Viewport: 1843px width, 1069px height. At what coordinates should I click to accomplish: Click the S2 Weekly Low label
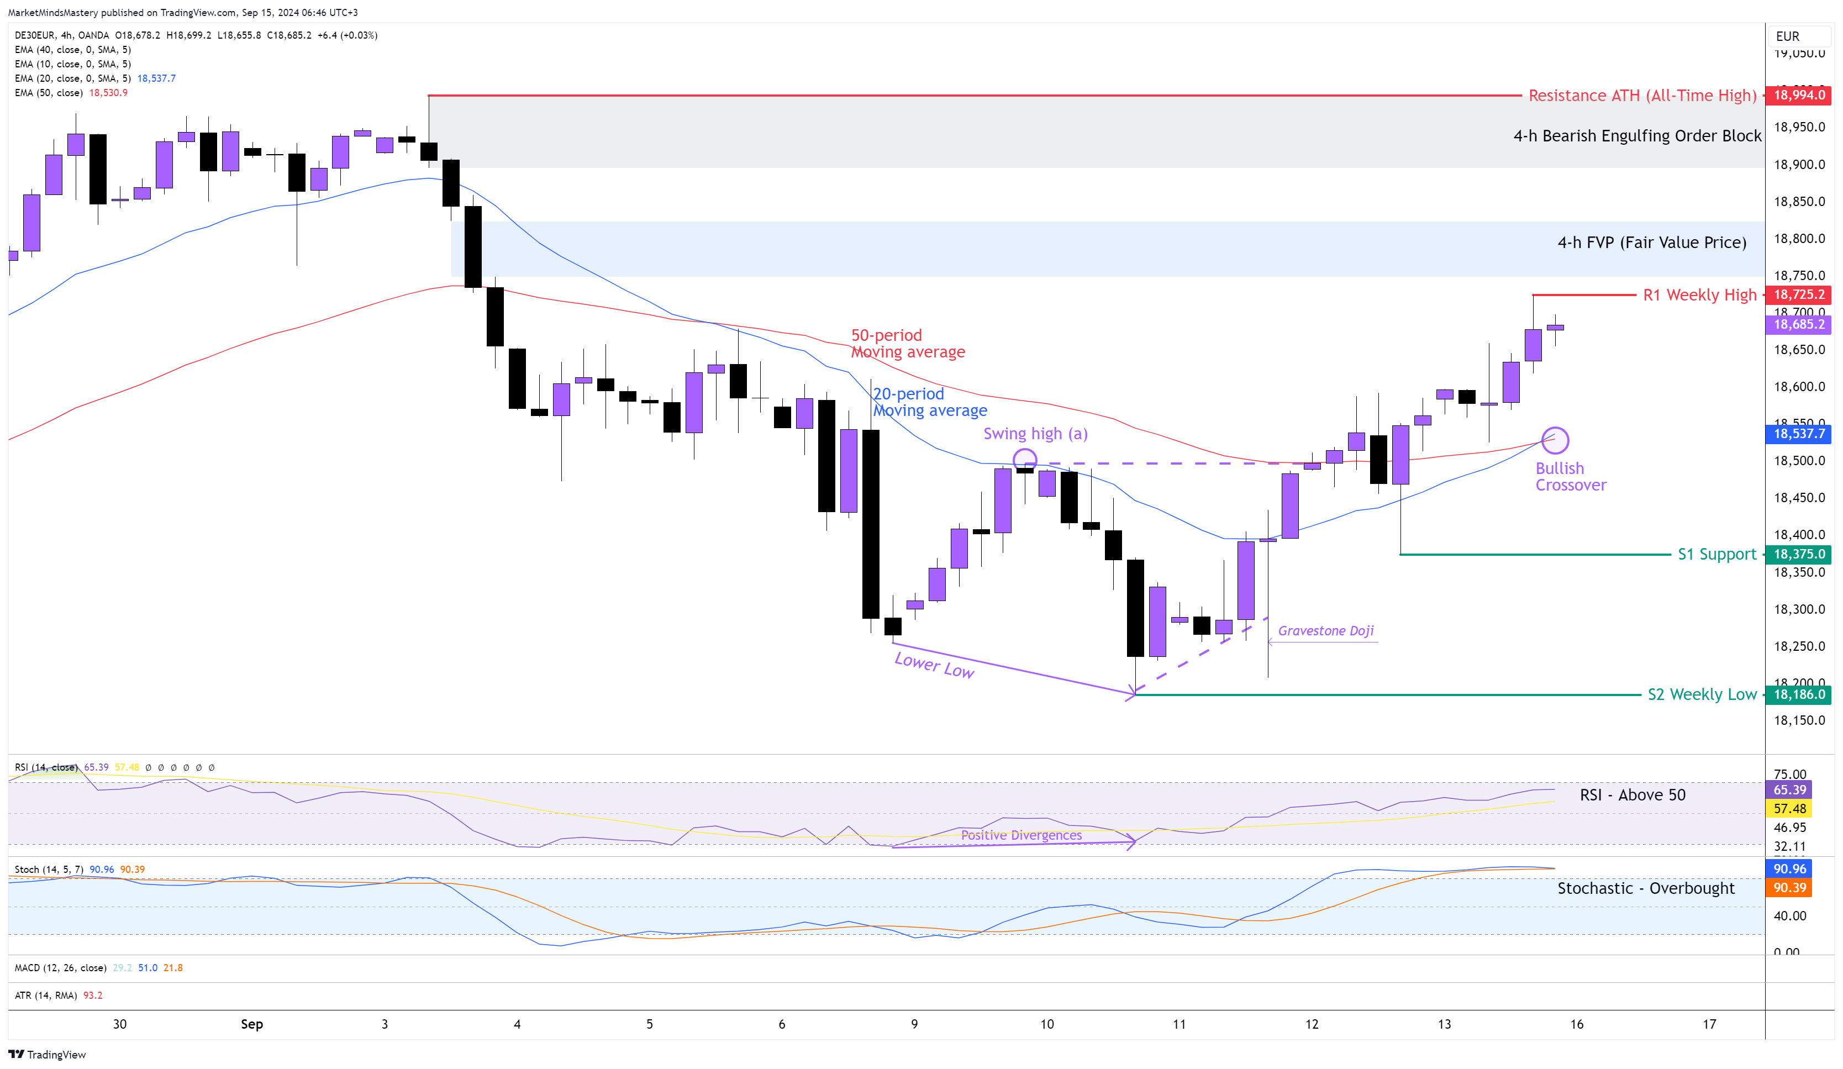pos(1701,694)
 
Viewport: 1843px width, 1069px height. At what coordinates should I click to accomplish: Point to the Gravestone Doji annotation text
pos(1325,631)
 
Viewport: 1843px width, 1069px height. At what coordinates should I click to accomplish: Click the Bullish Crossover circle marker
pos(1555,440)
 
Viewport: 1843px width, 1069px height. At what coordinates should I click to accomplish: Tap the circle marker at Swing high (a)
pos(1025,460)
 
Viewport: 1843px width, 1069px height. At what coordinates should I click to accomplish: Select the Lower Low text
pos(934,665)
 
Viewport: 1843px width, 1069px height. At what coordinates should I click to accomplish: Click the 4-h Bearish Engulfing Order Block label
pos(1637,136)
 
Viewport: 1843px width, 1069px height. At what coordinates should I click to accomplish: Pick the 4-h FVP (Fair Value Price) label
pos(1651,243)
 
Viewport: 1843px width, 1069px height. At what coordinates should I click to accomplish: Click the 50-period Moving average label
pos(908,344)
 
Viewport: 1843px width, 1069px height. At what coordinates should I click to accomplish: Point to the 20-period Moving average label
pos(930,402)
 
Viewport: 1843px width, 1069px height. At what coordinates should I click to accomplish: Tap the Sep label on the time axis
pos(251,1024)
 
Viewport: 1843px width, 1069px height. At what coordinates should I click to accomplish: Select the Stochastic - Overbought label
pos(1646,888)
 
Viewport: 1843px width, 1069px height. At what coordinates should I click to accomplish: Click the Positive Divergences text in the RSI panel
pos(1021,835)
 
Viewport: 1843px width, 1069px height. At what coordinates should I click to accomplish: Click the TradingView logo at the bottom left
pos(47,1055)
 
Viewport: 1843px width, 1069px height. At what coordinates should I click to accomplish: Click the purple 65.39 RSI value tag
pos(1789,789)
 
